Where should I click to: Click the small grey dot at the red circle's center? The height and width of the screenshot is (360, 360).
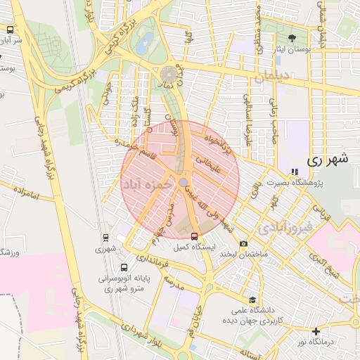[x=183, y=182]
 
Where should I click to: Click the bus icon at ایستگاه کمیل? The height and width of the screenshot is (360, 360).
[x=194, y=236]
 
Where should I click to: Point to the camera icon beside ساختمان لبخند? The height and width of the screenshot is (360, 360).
[x=244, y=244]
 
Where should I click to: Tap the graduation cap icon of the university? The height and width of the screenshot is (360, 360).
[x=252, y=299]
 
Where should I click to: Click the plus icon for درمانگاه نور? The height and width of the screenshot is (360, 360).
[x=316, y=331]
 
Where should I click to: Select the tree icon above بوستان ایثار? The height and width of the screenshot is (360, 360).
[x=292, y=37]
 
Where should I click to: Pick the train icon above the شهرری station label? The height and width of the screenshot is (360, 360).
[x=105, y=238]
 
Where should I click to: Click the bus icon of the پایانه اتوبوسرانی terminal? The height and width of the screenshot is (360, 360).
[x=124, y=267]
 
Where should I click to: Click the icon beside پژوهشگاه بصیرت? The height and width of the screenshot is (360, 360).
[x=294, y=172]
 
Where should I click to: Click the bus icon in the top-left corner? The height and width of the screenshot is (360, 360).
[x=10, y=30]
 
